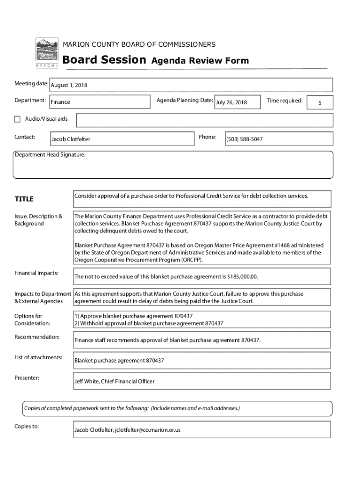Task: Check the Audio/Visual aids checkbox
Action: click(17, 119)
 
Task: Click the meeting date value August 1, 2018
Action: click(69, 86)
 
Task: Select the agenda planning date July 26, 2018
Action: click(231, 102)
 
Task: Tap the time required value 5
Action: click(320, 103)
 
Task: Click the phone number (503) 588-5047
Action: click(245, 139)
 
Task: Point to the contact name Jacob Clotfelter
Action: click(71, 139)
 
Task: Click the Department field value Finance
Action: click(60, 102)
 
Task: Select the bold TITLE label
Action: click(24, 199)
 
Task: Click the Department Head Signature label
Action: click(50, 155)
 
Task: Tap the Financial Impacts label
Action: click(36, 273)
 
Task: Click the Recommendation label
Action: click(37, 337)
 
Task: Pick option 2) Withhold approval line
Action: click(149, 323)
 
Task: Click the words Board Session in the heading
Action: click(104, 60)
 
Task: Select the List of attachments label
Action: click(38, 358)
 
